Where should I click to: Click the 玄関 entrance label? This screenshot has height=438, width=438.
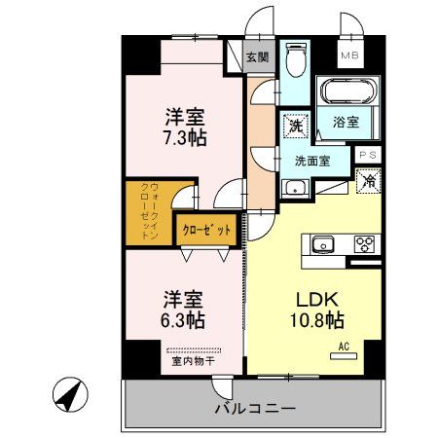pyautogui.click(x=257, y=57)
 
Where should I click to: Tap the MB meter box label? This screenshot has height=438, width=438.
pyautogui.click(x=347, y=55)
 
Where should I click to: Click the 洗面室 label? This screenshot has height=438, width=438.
pyautogui.click(x=313, y=161)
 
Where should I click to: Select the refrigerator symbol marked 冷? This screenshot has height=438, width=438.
pyautogui.click(x=370, y=180)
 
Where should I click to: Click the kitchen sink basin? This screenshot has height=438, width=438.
pyautogui.click(x=323, y=244)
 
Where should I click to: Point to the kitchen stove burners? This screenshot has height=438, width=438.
pyautogui.click(x=366, y=244)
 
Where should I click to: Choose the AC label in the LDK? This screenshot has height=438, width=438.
pyautogui.click(x=343, y=346)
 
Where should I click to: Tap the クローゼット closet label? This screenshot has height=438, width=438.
pyautogui.click(x=207, y=231)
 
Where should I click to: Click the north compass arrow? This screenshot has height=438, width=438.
pyautogui.click(x=67, y=396)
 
